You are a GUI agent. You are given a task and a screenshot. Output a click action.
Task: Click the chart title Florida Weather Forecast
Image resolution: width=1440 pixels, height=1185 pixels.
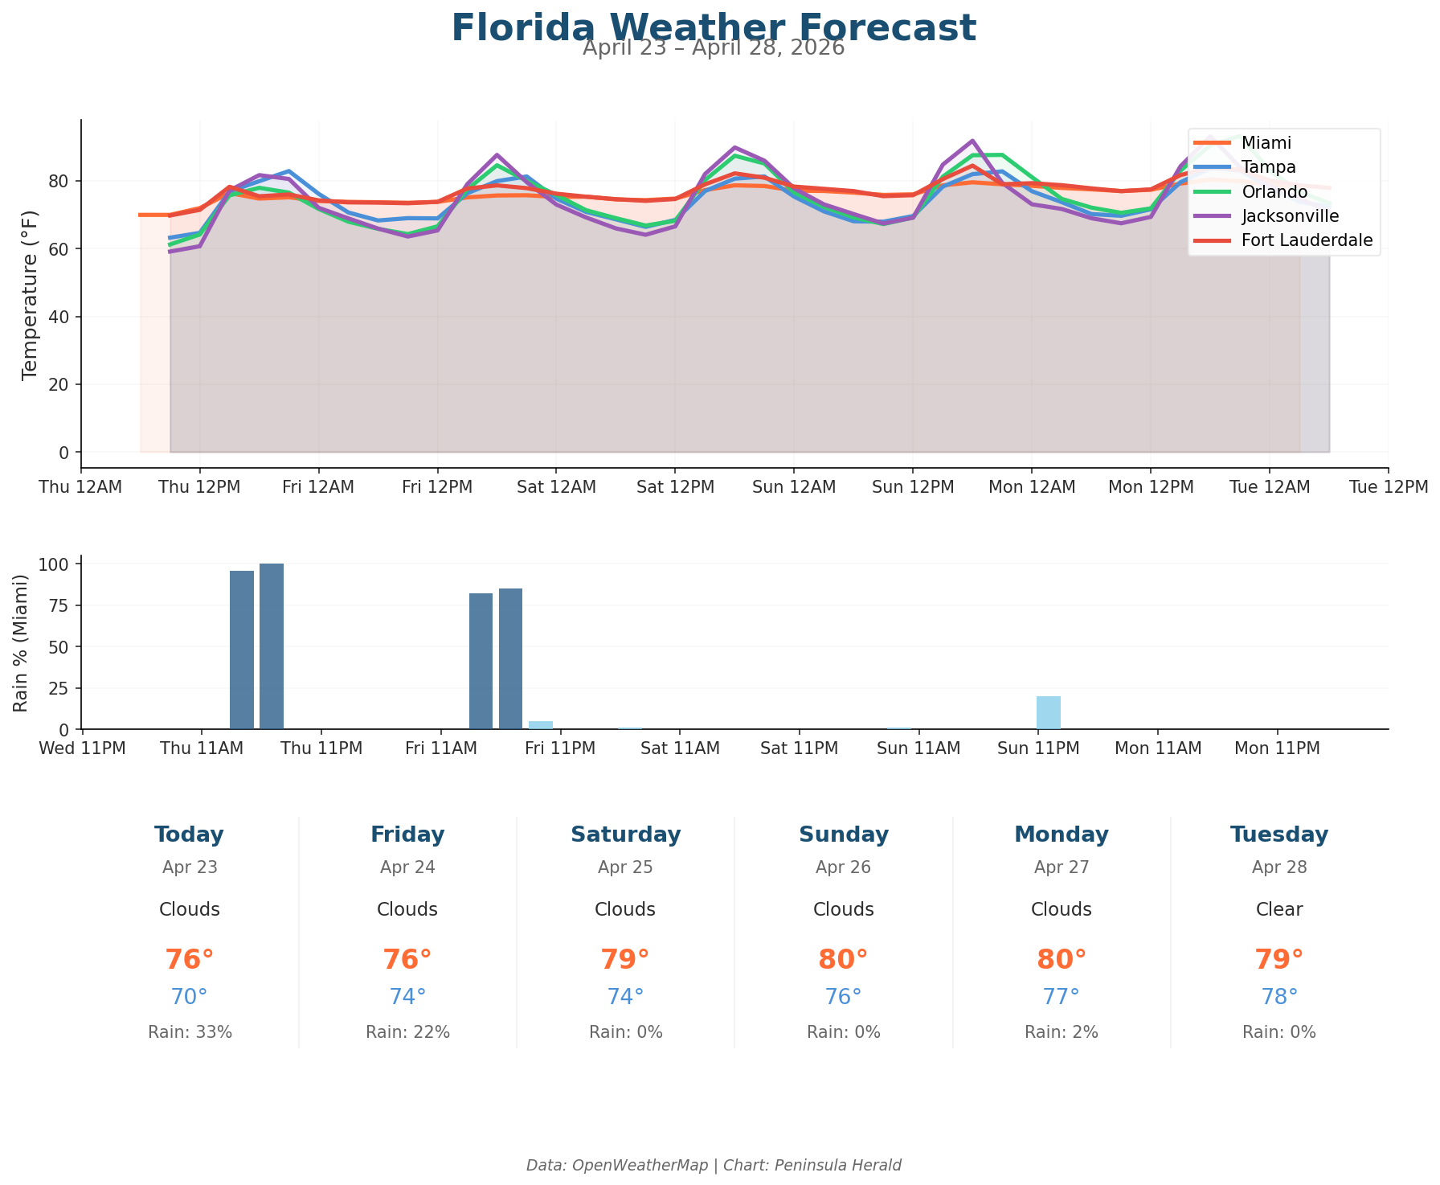pyautogui.click(x=714, y=27)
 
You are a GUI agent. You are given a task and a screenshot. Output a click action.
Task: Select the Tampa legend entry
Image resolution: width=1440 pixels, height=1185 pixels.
pyautogui.click(x=1266, y=167)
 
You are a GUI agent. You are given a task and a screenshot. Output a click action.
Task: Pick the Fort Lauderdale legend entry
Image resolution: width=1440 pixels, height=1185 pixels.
pyautogui.click(x=1307, y=240)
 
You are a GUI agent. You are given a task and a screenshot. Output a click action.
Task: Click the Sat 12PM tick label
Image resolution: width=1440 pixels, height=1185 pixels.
pyautogui.click(x=675, y=487)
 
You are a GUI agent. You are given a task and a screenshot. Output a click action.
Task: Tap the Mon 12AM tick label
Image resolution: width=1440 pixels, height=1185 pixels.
pyautogui.click(x=1032, y=487)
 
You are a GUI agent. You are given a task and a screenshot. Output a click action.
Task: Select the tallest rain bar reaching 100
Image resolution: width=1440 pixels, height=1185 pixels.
pyautogui.click(x=272, y=646)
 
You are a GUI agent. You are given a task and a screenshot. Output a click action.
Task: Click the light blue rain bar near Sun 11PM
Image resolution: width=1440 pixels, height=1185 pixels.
pyautogui.click(x=1049, y=713)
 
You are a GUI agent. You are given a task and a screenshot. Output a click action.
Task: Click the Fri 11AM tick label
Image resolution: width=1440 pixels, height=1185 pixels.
pyautogui.click(x=441, y=748)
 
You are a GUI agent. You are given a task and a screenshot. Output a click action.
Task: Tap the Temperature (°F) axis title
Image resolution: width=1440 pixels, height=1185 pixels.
pyautogui.click(x=30, y=293)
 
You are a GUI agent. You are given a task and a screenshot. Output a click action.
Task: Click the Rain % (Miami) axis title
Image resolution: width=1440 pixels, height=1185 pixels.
pyautogui.click(x=22, y=642)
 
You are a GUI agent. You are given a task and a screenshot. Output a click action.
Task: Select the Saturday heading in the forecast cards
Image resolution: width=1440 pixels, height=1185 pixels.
pyautogui.click(x=625, y=834)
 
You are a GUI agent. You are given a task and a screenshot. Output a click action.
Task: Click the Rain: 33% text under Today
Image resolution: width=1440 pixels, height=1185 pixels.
pyautogui.click(x=190, y=1032)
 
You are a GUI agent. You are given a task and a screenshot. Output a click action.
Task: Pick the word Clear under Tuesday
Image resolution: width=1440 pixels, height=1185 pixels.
pyautogui.click(x=1279, y=910)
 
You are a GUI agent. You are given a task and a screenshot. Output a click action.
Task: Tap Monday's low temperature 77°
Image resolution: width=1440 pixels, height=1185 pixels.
pyautogui.click(x=1061, y=997)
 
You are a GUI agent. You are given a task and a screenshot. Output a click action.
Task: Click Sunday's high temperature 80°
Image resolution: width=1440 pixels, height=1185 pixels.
pyautogui.click(x=843, y=960)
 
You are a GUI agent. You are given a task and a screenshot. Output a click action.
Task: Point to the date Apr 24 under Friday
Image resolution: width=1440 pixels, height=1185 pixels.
pyautogui.click(x=407, y=867)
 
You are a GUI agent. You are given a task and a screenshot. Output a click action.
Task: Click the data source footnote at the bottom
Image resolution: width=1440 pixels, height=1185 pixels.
pyautogui.click(x=714, y=1165)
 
